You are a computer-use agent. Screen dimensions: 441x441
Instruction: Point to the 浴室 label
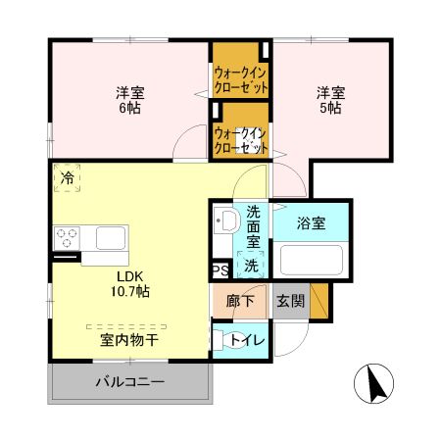313,222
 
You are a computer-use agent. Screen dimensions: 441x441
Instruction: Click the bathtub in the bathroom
311,262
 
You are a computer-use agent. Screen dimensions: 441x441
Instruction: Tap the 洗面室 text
253,226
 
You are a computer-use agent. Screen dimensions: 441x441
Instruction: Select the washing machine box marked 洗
252,265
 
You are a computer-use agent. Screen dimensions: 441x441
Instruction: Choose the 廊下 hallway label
240,301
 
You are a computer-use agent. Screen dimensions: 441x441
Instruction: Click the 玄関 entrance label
289,301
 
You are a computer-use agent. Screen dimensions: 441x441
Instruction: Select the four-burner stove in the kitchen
68,237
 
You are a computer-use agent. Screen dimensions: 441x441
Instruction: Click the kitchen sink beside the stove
110,237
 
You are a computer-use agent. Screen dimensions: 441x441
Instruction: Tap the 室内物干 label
129,339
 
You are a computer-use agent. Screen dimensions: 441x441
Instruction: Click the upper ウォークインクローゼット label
242,79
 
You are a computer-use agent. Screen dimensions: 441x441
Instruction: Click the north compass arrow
375,382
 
